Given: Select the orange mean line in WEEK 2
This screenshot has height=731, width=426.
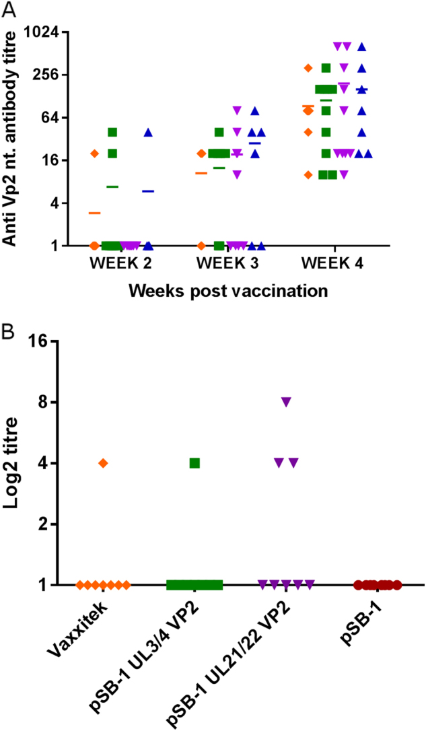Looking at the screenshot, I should click(95, 213).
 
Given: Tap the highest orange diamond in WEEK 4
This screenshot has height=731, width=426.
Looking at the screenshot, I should click(308, 68).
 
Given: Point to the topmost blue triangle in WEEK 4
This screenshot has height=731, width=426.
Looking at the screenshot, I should click(361, 46).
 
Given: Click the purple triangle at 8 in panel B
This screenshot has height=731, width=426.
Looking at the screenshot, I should click(286, 402).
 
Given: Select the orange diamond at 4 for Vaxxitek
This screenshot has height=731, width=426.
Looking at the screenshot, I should click(103, 463).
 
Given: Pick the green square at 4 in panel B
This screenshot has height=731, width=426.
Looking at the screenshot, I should click(194, 463).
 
